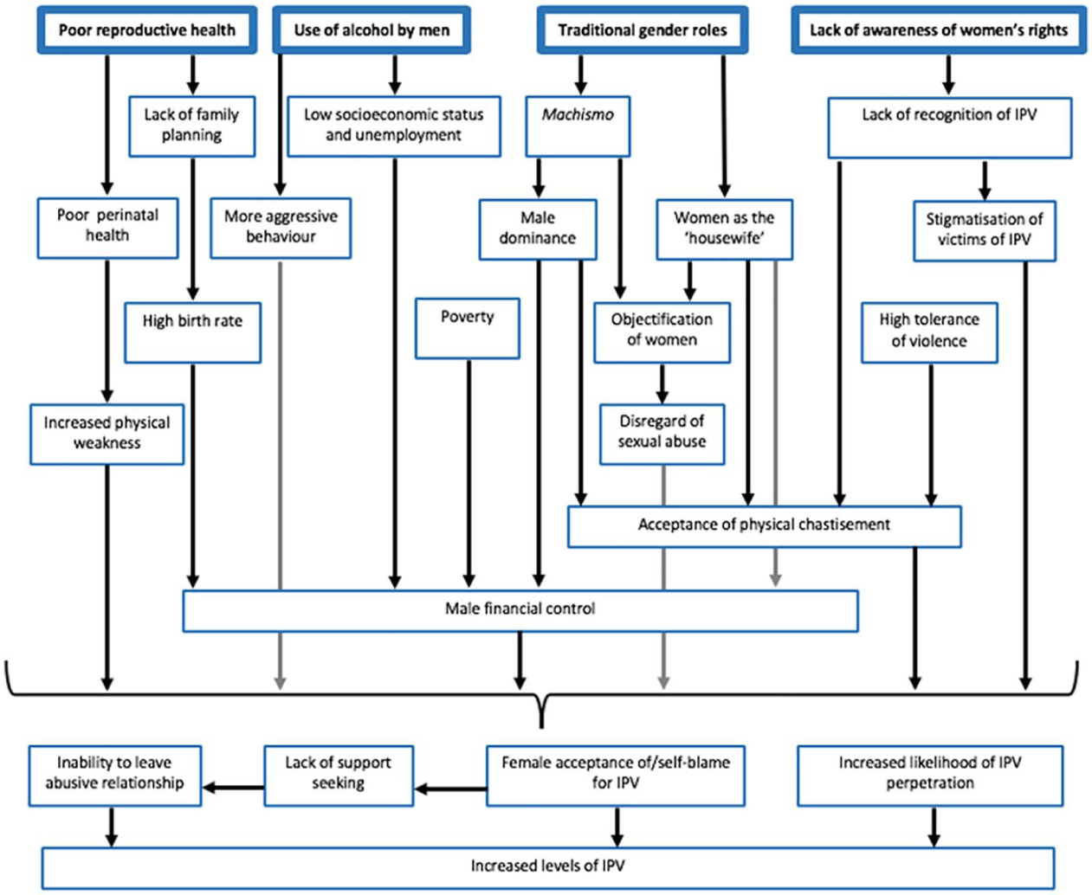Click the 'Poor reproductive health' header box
[x=147, y=30]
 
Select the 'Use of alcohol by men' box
[x=372, y=30]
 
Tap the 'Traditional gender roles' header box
[x=642, y=30]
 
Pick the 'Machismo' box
[x=578, y=126]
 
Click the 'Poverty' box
[x=467, y=328]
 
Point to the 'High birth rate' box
[x=192, y=332]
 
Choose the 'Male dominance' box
[x=538, y=229]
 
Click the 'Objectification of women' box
[x=662, y=332]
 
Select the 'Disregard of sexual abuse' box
[x=662, y=434]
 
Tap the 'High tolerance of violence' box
[x=929, y=332]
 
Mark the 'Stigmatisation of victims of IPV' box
[x=985, y=231]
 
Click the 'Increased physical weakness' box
[x=107, y=434]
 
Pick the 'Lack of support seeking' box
[x=339, y=776]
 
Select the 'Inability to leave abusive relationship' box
[x=114, y=776]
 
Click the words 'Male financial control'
[x=520, y=608]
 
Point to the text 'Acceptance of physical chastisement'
[x=764, y=525]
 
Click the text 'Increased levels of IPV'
[x=547, y=866]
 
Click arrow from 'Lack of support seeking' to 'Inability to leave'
[x=233, y=788]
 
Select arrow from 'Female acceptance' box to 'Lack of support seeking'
[x=450, y=789]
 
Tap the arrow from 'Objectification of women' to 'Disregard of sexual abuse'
[x=662, y=383]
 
